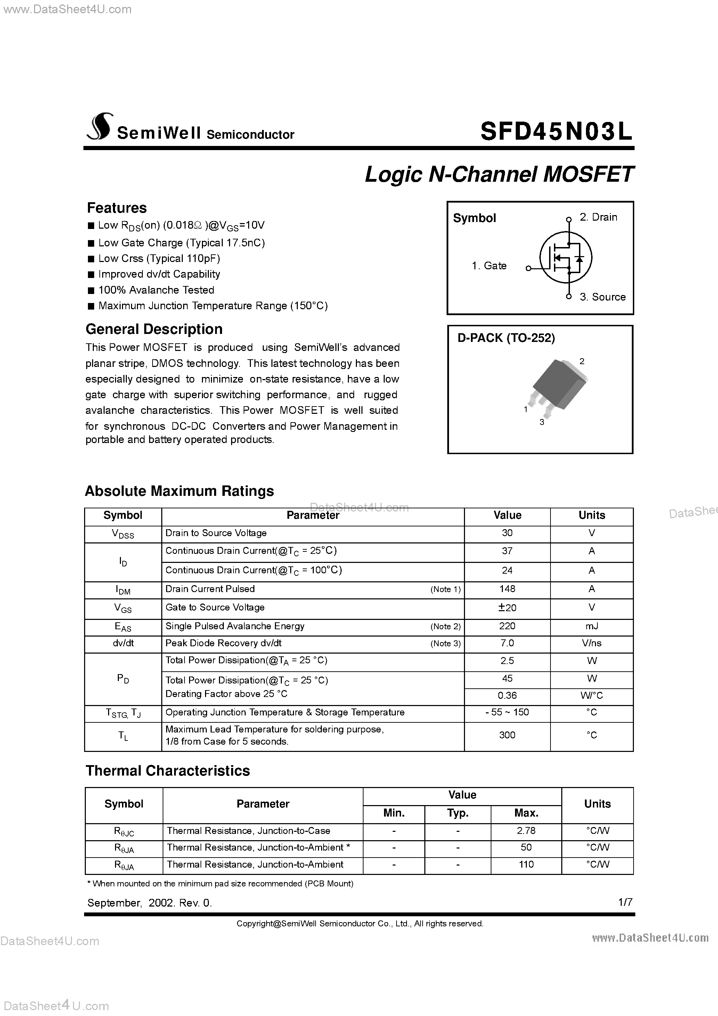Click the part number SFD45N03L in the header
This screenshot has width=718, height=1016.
click(556, 131)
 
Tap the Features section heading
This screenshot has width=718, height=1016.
click(116, 207)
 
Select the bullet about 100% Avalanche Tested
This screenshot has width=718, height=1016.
click(156, 290)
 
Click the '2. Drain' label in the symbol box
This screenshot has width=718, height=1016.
click(598, 217)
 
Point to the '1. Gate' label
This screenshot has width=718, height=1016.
click(489, 265)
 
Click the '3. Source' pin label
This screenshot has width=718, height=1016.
click(603, 297)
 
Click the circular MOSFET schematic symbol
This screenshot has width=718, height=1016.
click(565, 257)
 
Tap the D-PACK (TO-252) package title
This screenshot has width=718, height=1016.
click(506, 338)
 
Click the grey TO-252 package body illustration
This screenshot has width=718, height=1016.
click(558, 384)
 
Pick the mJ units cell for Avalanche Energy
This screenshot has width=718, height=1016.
click(591, 626)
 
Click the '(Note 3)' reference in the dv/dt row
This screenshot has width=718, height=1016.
click(445, 644)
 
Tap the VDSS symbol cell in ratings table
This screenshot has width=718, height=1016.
click(123, 534)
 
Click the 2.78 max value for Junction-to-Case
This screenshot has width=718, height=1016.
click(526, 830)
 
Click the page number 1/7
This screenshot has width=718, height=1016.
click(625, 902)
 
